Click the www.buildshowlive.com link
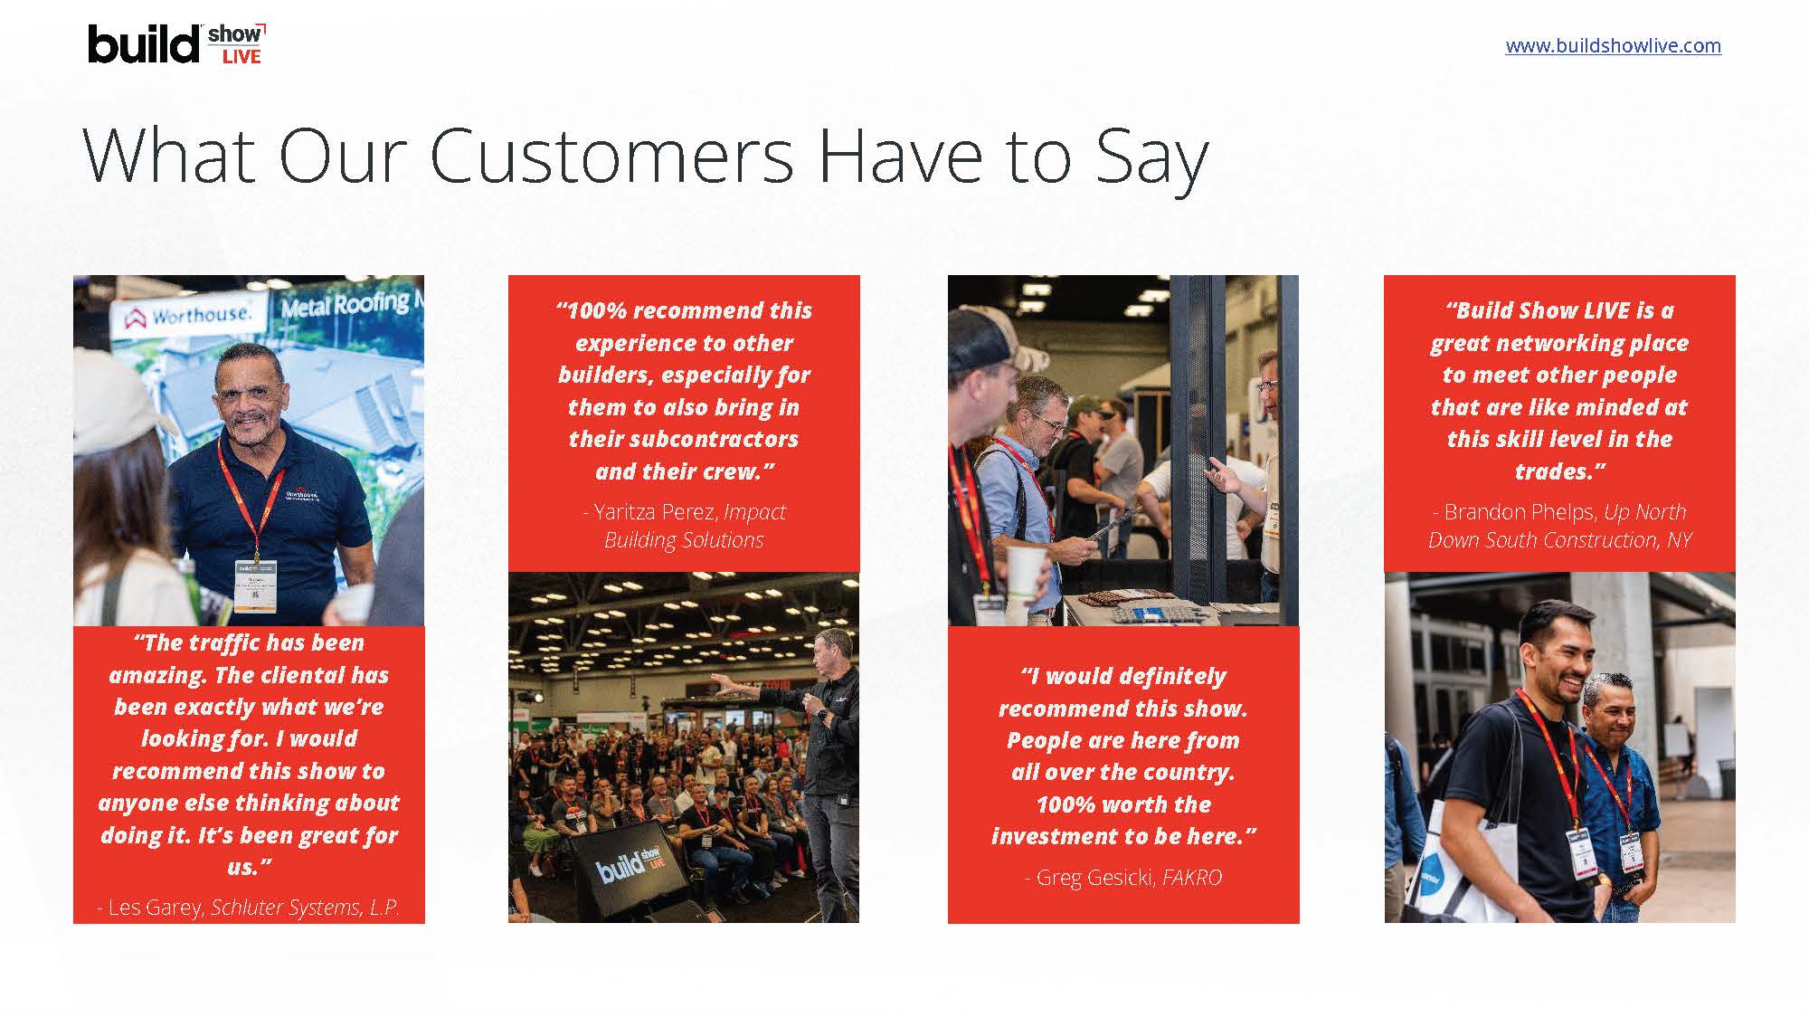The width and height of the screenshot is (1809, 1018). coord(1613,46)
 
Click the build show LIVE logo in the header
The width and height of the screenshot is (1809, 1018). coord(177,44)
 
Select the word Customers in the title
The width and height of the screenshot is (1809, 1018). coord(611,156)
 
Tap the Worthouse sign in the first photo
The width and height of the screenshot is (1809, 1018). coord(188,316)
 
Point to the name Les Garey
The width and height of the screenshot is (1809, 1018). coord(156,907)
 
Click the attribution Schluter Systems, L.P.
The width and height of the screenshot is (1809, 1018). coord(305,907)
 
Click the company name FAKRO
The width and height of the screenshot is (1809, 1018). coord(1192,877)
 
